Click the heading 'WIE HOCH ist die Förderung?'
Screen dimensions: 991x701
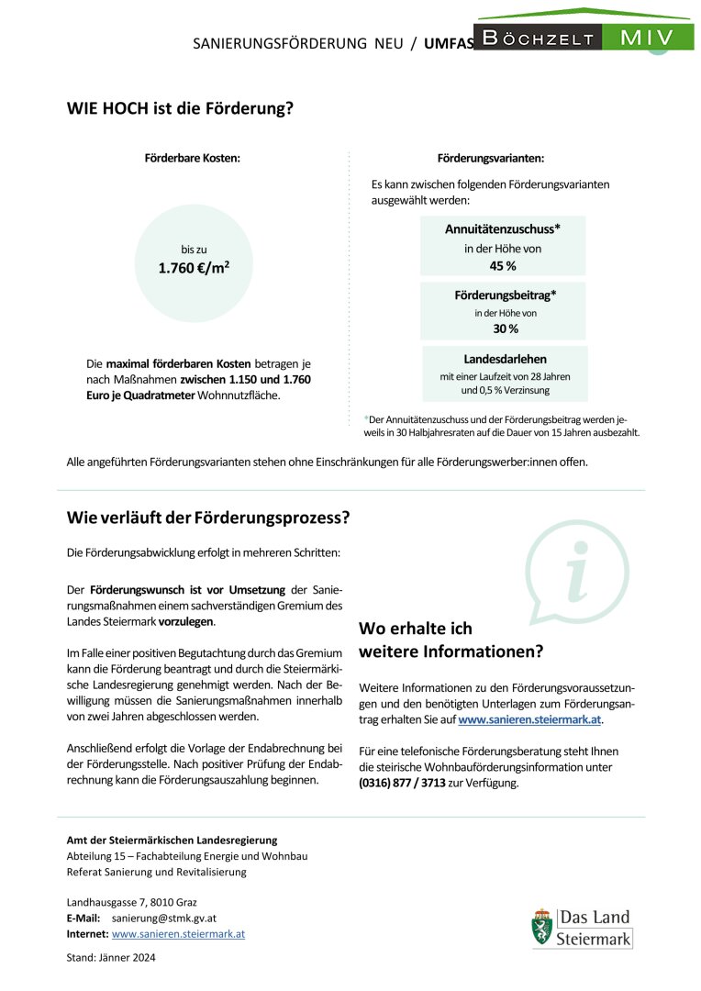point(180,108)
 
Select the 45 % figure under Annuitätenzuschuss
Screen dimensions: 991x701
point(503,266)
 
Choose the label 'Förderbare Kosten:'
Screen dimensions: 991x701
point(193,158)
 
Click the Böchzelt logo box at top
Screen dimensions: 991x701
point(537,38)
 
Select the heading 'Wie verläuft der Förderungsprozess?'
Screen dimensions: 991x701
point(208,518)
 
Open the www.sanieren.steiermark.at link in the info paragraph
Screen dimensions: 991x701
point(530,720)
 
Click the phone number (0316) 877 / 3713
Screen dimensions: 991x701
point(403,784)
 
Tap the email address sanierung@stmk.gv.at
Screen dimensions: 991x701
point(164,918)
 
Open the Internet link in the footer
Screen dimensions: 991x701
point(178,934)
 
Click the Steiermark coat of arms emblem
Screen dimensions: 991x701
point(543,927)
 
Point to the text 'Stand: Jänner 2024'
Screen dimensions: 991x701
point(111,958)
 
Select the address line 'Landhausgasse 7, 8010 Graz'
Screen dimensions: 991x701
point(131,902)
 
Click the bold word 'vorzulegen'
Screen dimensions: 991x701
point(186,621)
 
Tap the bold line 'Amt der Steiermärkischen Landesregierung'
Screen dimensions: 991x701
point(172,840)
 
